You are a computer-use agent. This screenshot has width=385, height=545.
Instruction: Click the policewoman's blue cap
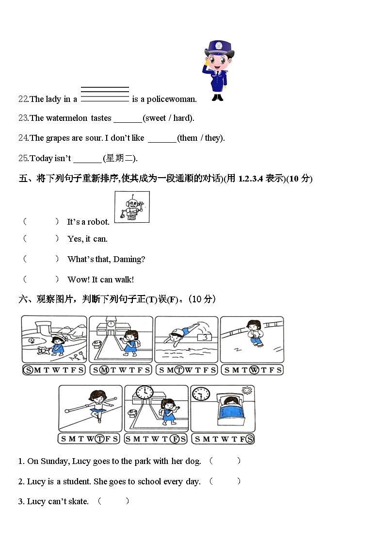pyautogui.click(x=219, y=48)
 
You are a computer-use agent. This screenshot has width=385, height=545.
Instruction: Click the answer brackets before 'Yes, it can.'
pyautogui.click(x=41, y=239)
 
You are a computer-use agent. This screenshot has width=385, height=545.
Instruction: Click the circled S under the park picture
pyautogui.click(x=28, y=370)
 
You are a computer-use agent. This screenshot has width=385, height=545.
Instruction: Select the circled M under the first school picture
pyautogui.click(x=103, y=370)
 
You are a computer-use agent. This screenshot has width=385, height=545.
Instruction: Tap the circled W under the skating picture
pyautogui.click(x=254, y=370)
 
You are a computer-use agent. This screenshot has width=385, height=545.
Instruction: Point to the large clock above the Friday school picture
pyautogui.click(x=144, y=393)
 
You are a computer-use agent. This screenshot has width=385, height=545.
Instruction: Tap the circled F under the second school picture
pyautogui.click(x=177, y=439)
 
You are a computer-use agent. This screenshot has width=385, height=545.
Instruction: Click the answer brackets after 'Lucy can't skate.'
pyautogui.click(x=113, y=501)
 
